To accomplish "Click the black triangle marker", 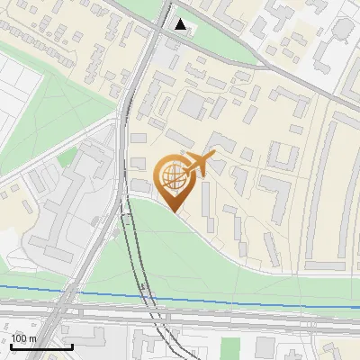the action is pyautogui.click(x=182, y=24).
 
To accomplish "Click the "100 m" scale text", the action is pyautogui.click(x=24, y=338).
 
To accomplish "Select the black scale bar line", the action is pyautogui.click(x=41, y=346).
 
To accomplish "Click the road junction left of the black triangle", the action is pyautogui.click(x=151, y=27).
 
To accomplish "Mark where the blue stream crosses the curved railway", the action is pyautogui.click(x=145, y=295).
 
